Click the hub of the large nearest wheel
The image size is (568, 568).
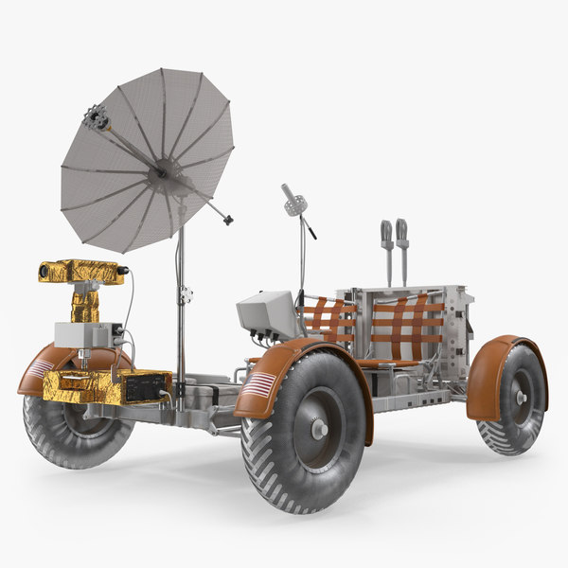click(319, 427)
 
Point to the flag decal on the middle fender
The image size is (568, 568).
click(261, 383)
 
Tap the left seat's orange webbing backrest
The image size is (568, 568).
click(329, 321)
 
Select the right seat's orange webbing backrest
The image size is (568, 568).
click(405, 327)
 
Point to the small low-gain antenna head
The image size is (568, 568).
click(291, 199)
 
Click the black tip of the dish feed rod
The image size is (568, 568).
click(228, 221)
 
